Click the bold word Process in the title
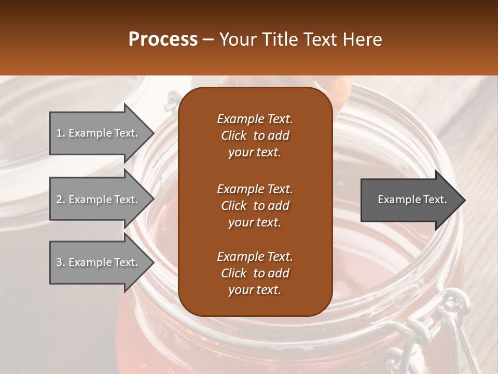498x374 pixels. (163, 39)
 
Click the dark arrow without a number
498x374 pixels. (410, 199)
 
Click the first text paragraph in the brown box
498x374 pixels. (255, 136)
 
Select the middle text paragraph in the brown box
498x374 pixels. (255, 205)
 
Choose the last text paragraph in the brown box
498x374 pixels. (255, 273)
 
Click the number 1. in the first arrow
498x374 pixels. (61, 133)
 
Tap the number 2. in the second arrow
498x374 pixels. (61, 199)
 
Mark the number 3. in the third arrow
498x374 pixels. (61, 262)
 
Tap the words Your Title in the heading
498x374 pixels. (254, 39)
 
